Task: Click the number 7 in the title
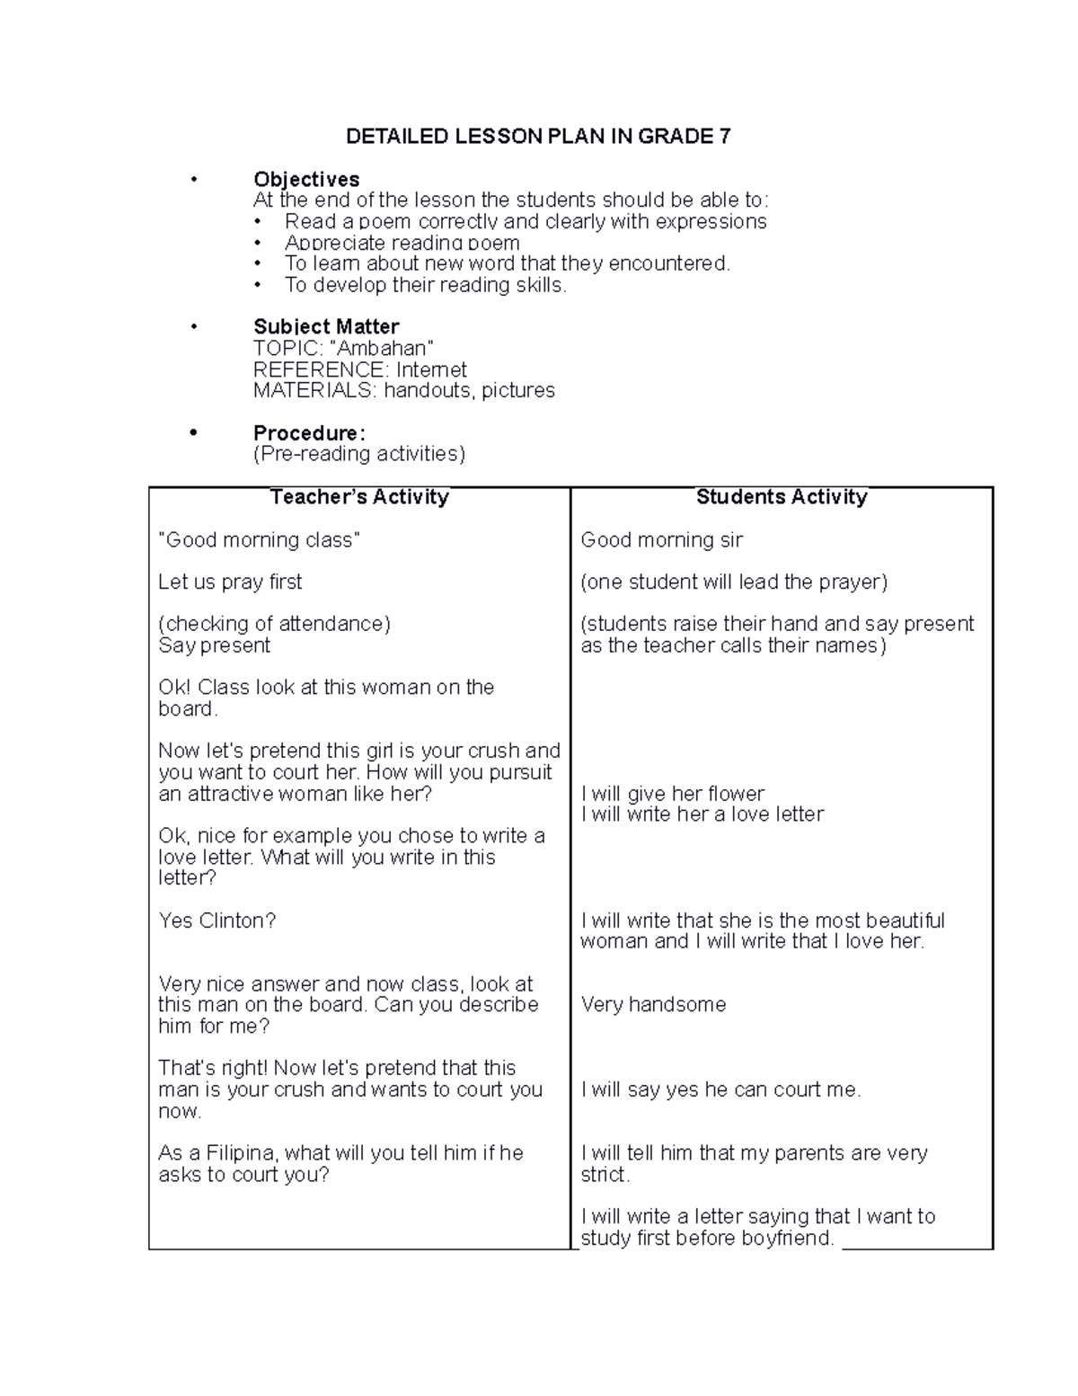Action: (x=725, y=137)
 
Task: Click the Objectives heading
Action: (x=306, y=179)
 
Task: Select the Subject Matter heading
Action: (x=326, y=326)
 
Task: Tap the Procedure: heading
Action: (x=309, y=433)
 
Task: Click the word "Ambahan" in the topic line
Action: (x=382, y=348)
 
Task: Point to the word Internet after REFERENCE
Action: (x=431, y=369)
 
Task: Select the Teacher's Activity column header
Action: (x=359, y=497)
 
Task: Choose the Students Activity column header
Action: (x=782, y=497)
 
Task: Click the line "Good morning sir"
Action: (x=661, y=539)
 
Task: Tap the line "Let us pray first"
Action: (x=230, y=582)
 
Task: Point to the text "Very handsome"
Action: (x=653, y=1004)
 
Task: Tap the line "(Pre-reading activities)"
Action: (x=359, y=454)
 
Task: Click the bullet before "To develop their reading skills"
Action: (x=259, y=285)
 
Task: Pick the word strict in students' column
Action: (x=604, y=1174)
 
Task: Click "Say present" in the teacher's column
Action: (x=214, y=645)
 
